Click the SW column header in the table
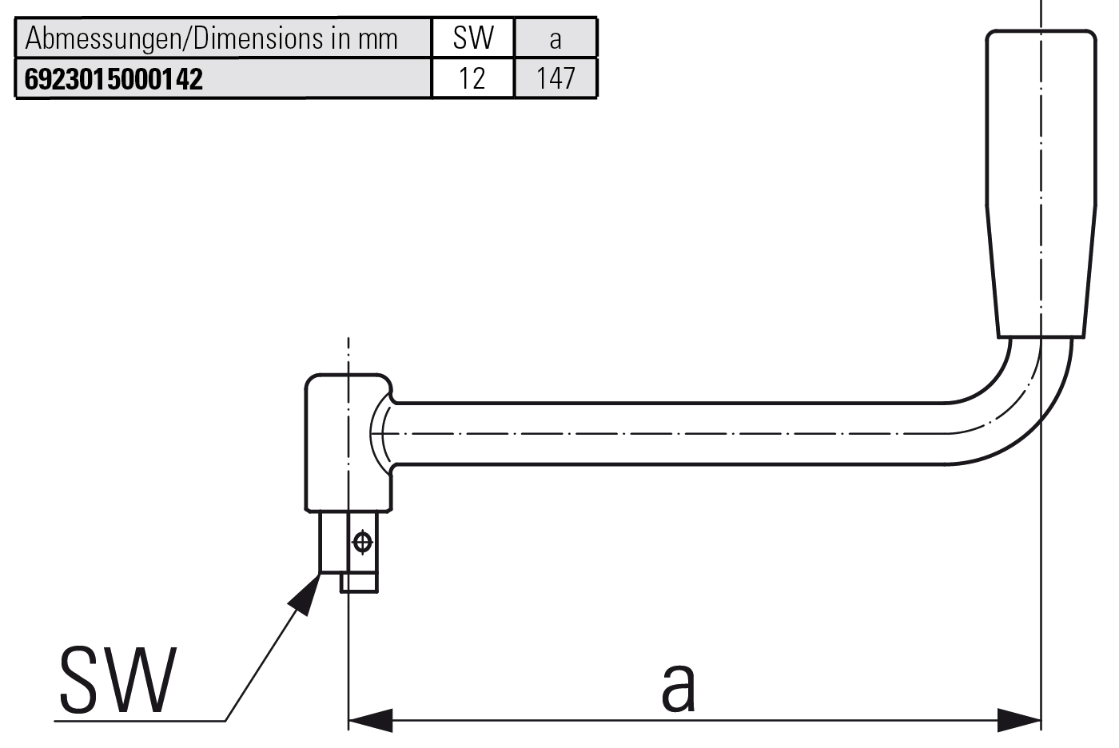(472, 38)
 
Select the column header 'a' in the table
(556, 38)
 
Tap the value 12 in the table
(472, 78)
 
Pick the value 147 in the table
(556, 78)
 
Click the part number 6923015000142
(113, 79)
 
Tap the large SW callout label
(117, 681)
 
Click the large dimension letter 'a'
(678, 686)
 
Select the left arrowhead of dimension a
(369, 720)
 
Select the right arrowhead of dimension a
(1020, 720)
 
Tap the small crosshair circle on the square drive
(362, 543)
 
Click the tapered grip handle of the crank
(1039, 184)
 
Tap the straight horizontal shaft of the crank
(671, 433)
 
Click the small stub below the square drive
(359, 583)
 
